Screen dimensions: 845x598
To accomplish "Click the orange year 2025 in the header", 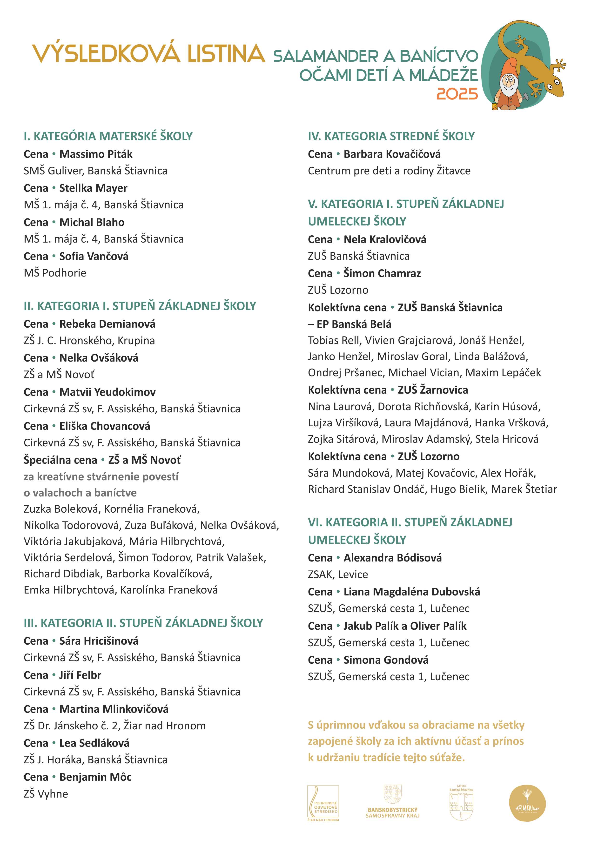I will pos(457,94).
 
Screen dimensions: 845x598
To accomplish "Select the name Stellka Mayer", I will pos(93,188).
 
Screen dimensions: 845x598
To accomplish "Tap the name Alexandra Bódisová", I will pos(393,558).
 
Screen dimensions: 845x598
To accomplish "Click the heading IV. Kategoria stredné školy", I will pos(391,136).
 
